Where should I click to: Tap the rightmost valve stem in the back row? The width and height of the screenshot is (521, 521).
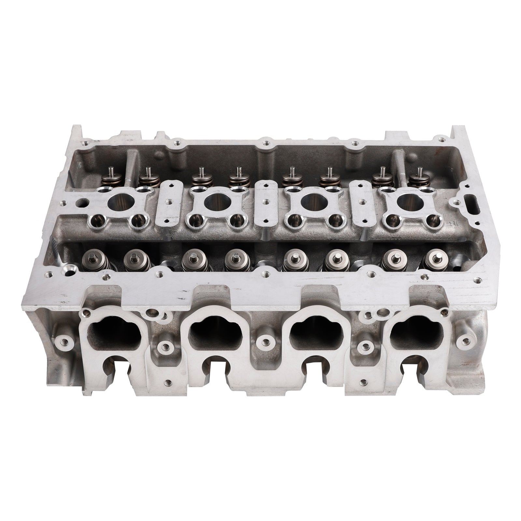pyautogui.click(x=420, y=171)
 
